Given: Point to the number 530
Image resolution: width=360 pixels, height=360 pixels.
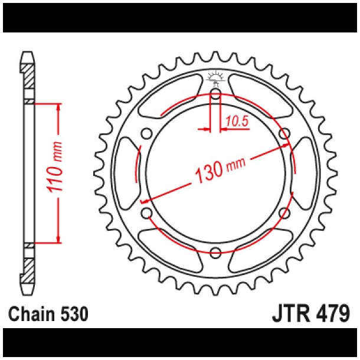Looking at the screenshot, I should (74, 313).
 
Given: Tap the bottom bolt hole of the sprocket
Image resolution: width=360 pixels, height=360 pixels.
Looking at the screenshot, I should (215, 253).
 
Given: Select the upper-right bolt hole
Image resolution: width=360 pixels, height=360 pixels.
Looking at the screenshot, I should (284, 133).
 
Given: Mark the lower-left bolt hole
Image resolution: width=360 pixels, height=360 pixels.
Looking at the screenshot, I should (146, 213).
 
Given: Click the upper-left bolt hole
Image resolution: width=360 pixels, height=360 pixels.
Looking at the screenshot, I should (146, 133).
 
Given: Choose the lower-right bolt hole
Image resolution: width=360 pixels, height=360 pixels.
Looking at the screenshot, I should (284, 213).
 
